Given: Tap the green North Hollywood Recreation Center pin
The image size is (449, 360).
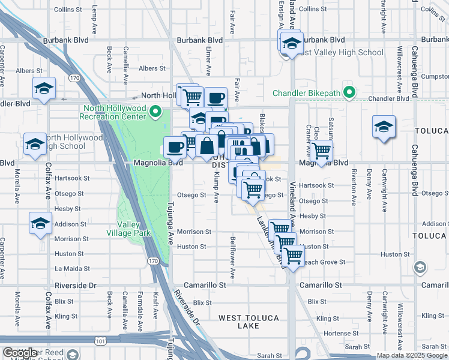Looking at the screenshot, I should pos(156,112).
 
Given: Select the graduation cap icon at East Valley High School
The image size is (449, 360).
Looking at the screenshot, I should pos(292,43).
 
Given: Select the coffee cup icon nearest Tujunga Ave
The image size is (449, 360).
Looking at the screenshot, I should pos(175,146).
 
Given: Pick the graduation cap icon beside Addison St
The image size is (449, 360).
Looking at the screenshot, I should pos(41,224).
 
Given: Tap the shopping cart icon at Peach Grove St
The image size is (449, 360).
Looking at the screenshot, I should pos(292,256).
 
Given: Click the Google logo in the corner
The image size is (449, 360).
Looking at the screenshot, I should pos(19,353).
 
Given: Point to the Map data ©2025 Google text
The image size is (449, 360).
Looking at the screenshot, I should pos(412,355).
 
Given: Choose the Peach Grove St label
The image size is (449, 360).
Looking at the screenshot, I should pos(325,262).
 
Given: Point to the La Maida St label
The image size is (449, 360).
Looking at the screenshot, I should pos(73,269).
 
